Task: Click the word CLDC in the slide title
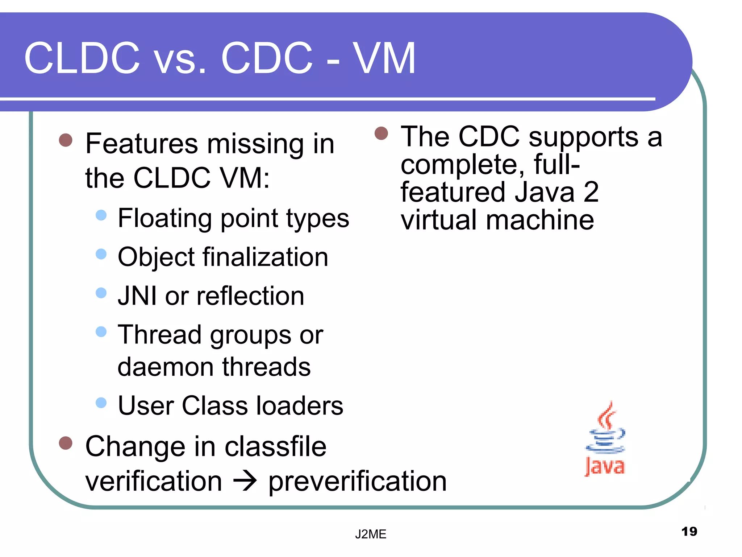coord(82,58)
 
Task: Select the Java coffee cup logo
coord(605,439)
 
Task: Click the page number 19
coord(689,532)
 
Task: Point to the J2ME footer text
coord(371,534)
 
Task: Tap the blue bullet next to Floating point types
coord(101,215)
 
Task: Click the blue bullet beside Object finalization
coord(101,254)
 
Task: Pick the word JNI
coord(137,296)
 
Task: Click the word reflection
coord(250,296)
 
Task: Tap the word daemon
coord(166,367)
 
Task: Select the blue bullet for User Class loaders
coord(101,403)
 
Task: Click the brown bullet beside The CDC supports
coord(381,133)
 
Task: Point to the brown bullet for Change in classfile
coord(66,443)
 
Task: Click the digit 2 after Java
coord(591,192)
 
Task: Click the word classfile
coord(275,447)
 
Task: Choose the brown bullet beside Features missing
coord(66,140)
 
